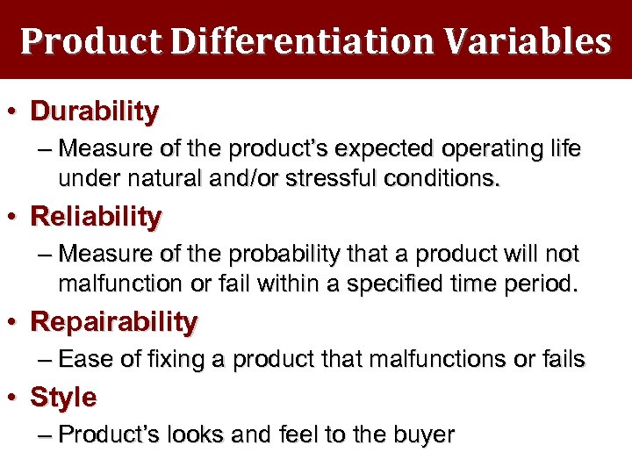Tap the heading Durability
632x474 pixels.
coord(95,111)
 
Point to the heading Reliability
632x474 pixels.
coord(96,217)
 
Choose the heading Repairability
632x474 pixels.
coord(114,322)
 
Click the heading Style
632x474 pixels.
coord(63,398)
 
